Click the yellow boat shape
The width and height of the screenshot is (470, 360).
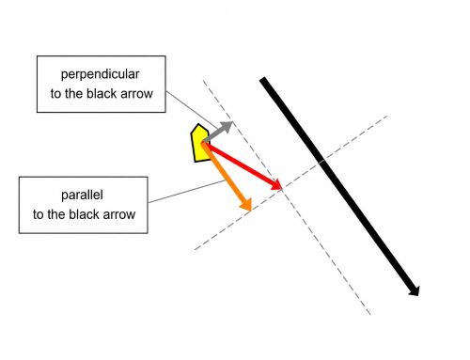[x=200, y=143]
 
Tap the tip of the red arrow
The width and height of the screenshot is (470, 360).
[x=282, y=189]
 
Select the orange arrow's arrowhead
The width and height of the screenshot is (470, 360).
[x=246, y=204]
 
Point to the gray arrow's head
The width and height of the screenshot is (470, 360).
[x=227, y=126]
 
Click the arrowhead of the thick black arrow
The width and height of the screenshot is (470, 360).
[x=415, y=290]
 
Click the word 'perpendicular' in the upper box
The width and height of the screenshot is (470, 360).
[x=100, y=74]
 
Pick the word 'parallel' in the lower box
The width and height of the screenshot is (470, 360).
[x=82, y=195]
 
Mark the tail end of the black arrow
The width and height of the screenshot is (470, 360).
[x=262, y=79]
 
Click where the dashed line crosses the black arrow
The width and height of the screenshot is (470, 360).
[x=322, y=161]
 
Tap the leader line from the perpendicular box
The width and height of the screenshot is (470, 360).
[x=192, y=110]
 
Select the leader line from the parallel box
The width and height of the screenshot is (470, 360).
[x=187, y=191]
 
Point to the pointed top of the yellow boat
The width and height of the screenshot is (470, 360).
[x=198, y=124]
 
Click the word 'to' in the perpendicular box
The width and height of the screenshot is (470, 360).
[x=55, y=94]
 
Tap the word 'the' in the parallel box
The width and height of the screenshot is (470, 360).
[x=56, y=214]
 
